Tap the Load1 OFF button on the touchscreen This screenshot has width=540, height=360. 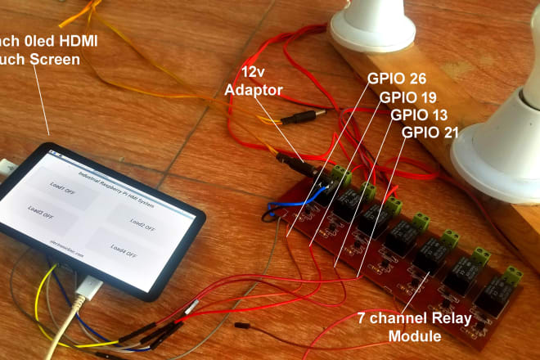point(62,183)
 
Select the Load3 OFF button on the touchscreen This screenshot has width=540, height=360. point(41,211)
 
